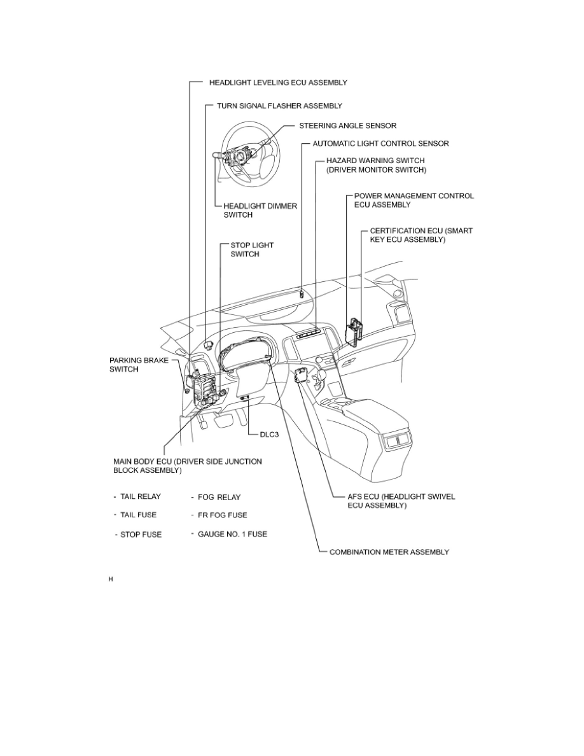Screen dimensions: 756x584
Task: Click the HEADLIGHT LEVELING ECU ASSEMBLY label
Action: (278, 83)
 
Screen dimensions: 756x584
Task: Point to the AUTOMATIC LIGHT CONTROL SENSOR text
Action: (380, 144)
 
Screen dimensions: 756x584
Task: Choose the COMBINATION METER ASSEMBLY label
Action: (389, 552)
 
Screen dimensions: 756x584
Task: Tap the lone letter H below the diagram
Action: (111, 580)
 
